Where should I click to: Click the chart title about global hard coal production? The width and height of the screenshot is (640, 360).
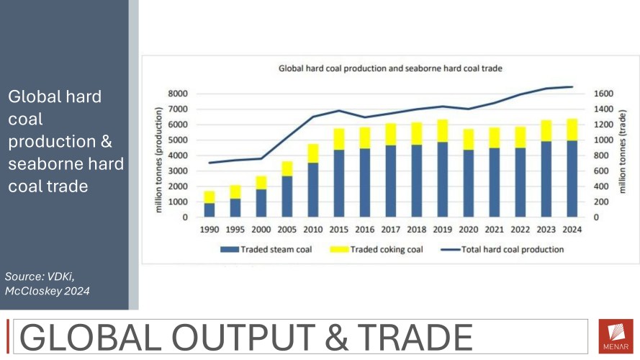(390, 69)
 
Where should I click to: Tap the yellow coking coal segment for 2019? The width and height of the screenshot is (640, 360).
(442, 130)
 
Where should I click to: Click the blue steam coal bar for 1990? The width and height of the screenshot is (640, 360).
(209, 210)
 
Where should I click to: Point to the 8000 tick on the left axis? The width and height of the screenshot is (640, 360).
(177, 94)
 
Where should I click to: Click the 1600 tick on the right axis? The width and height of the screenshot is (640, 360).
(603, 94)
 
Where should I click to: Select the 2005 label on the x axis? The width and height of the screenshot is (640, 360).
(287, 230)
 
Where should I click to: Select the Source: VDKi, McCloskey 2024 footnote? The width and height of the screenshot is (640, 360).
(48, 283)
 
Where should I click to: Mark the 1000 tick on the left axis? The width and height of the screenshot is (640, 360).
(177, 202)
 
